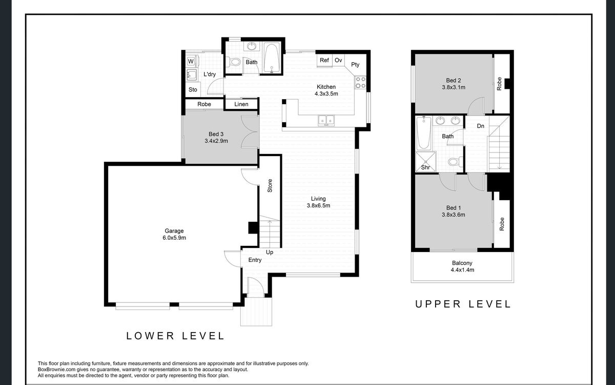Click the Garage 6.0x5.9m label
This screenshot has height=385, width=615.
(174, 234)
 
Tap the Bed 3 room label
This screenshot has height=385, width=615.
(216, 134)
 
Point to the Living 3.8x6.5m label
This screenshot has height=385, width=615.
(318, 202)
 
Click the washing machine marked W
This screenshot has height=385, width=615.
(191, 61)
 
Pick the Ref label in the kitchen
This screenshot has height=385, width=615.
(324, 60)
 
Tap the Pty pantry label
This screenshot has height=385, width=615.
(355, 65)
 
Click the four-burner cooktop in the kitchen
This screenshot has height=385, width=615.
(360, 83)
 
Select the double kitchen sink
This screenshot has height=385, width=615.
(326, 121)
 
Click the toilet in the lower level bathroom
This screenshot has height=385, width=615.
(233, 62)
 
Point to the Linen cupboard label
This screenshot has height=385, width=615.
(241, 104)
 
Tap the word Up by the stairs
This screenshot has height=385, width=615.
(270, 253)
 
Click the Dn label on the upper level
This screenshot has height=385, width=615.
(481, 126)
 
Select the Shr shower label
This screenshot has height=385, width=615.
(425, 167)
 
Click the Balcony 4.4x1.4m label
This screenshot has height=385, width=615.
(462, 266)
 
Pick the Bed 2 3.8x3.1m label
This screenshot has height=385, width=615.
(454, 84)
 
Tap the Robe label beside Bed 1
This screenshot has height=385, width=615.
(502, 224)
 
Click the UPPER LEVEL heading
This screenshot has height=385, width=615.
(463, 304)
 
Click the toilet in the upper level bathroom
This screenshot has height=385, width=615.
(456, 161)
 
